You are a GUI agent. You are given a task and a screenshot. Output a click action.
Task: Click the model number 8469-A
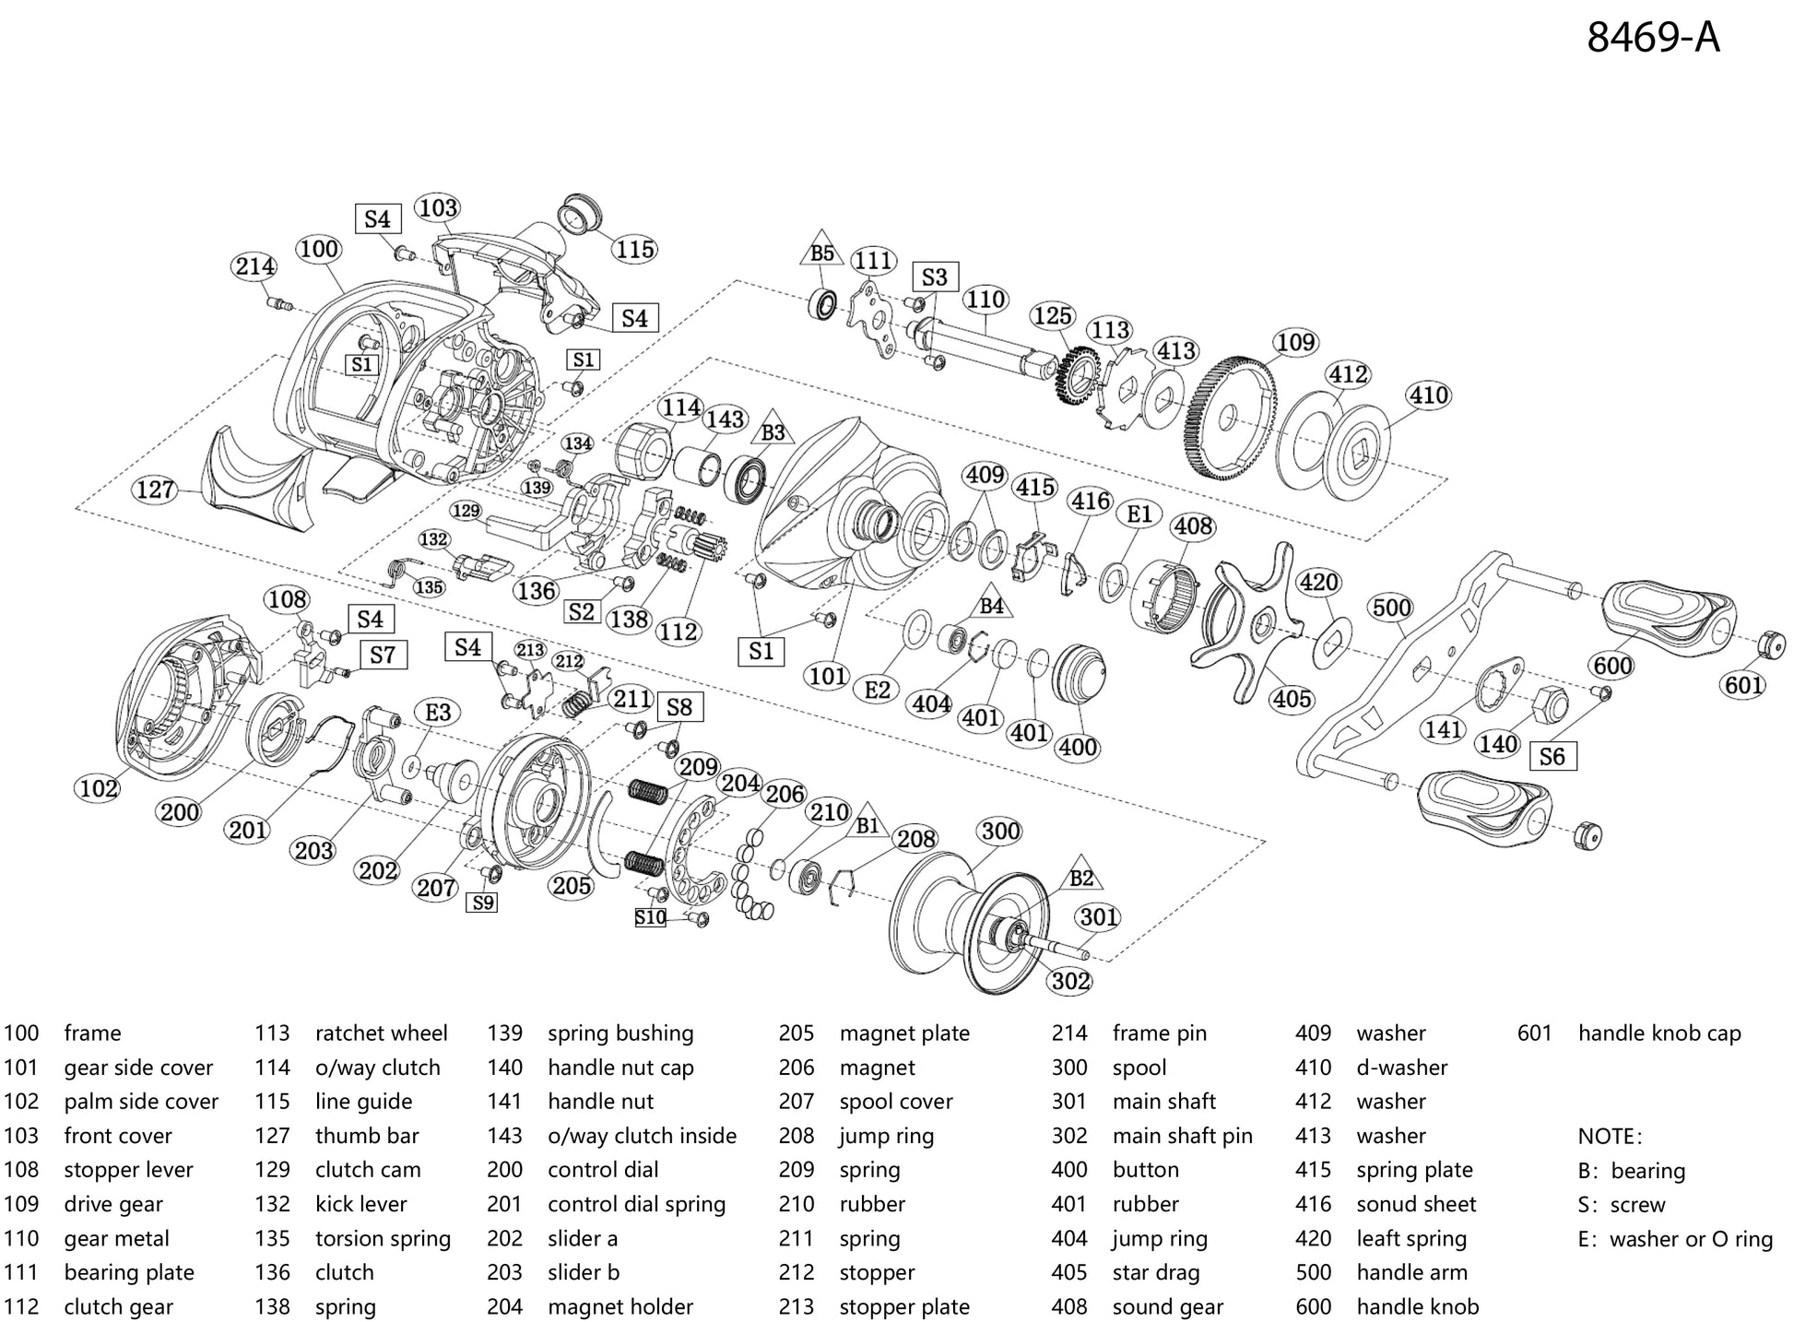[1652, 39]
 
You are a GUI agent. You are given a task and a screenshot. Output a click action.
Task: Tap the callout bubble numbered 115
[635, 249]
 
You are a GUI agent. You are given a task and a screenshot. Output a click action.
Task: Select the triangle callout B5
[821, 253]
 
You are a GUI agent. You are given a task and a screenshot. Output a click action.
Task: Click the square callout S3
[934, 277]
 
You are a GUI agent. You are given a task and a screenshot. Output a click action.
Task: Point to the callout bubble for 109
[1295, 343]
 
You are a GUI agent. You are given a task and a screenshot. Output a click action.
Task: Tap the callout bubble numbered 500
[1391, 608]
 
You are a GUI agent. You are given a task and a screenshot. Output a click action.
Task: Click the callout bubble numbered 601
[1743, 685]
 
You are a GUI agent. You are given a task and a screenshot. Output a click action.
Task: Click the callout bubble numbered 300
[1000, 832]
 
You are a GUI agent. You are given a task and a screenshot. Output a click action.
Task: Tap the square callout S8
[679, 707]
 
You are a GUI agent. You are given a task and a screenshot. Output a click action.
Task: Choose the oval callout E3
[437, 712]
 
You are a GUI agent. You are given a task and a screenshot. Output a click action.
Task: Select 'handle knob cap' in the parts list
[1658, 1033]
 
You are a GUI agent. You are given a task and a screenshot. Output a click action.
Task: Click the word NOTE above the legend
[1610, 1136]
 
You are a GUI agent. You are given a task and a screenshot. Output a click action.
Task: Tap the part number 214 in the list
[1069, 1033]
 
